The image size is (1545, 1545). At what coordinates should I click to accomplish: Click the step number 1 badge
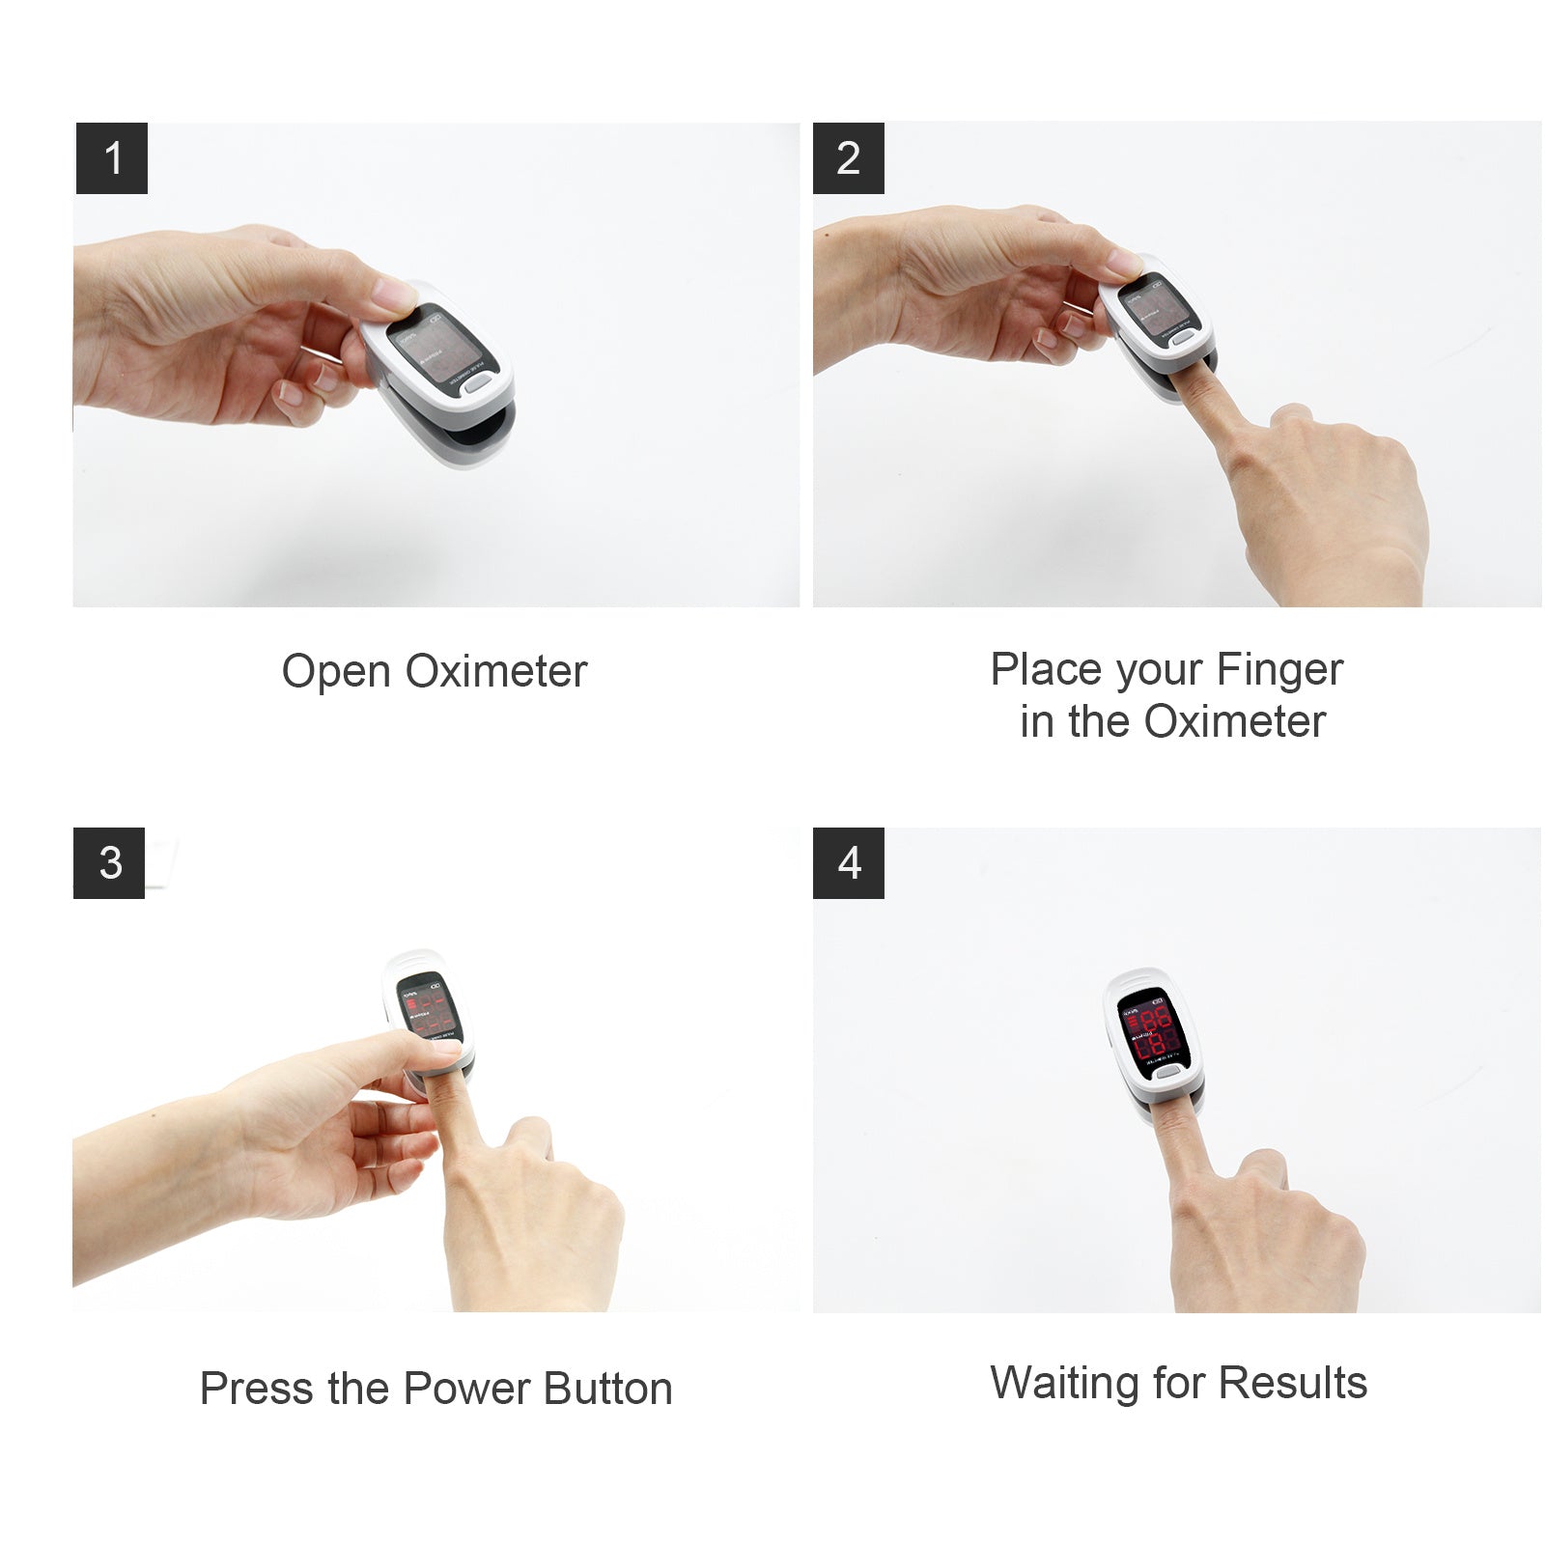[112, 158]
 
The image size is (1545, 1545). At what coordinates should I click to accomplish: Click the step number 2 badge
[848, 158]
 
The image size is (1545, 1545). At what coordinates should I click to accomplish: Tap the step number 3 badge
[109, 862]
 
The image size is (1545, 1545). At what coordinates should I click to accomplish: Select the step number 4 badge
[848, 862]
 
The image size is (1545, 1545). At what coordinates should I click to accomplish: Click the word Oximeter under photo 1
[496, 671]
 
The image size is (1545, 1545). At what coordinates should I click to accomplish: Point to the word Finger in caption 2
[1279, 670]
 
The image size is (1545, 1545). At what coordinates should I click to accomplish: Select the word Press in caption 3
[257, 1389]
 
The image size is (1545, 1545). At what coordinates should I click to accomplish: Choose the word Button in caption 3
[607, 1389]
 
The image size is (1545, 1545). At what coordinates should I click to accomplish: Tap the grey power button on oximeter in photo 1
[476, 383]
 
